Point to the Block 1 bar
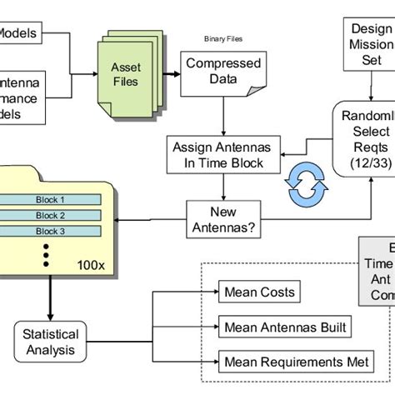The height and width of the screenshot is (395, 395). (49, 200)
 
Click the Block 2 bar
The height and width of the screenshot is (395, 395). (49, 216)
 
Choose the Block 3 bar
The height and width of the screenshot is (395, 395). (49, 231)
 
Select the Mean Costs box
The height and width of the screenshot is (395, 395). (259, 292)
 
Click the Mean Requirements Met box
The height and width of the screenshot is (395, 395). (297, 361)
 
